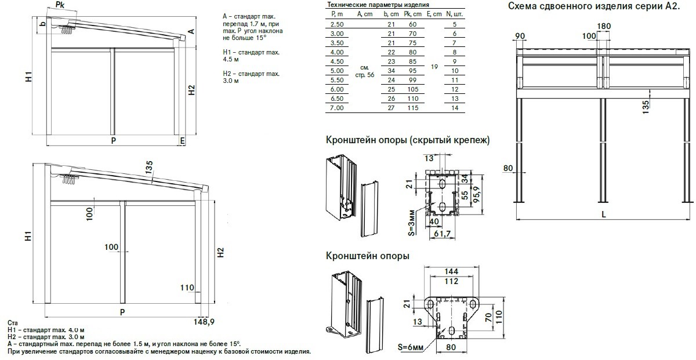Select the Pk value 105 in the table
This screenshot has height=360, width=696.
[413, 89]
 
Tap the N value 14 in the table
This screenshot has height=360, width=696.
[454, 108]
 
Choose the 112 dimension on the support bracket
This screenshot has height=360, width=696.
[452, 282]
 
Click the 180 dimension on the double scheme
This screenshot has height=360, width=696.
[604, 26]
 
